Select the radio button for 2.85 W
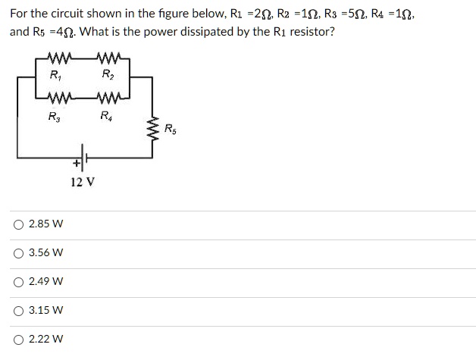click(17, 224)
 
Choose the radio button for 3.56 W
click(17, 253)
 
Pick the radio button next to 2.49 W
click(17, 282)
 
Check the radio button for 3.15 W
click(17, 310)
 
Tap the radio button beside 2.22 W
click(17, 339)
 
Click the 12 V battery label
click(83, 182)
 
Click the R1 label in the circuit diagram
click(56, 75)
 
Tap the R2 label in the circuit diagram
click(108, 75)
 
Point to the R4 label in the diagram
click(108, 117)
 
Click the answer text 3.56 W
click(45, 253)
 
